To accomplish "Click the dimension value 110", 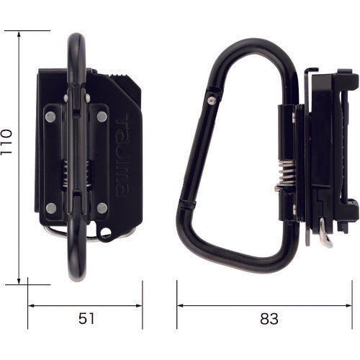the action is tap(6, 142).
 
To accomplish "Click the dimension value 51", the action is tap(86, 319).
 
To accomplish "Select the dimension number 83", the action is tap(269, 319).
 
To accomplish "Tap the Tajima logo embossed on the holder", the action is tap(123, 156).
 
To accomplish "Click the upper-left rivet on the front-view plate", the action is tap(50, 117).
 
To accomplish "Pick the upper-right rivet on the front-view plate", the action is tap(102, 117).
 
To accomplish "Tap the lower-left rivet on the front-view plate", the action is tap(51, 208).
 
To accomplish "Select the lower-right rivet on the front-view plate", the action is tap(102, 208).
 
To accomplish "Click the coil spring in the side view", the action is tap(287, 174).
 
